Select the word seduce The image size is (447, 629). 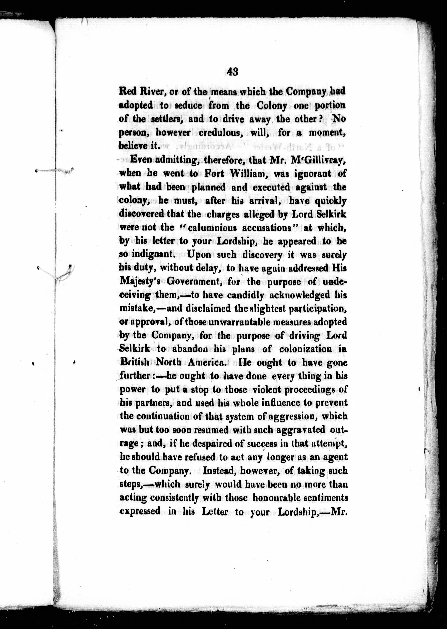189,105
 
